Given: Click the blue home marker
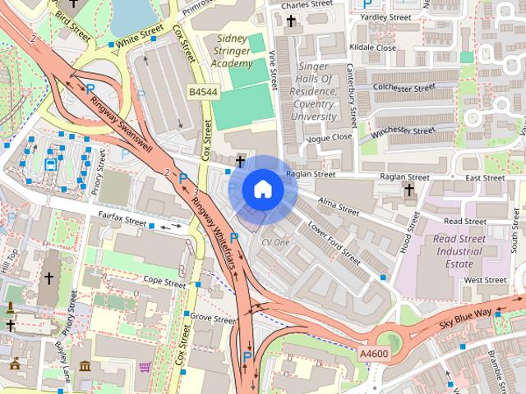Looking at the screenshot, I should (262, 190).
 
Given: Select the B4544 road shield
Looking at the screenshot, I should (202, 94).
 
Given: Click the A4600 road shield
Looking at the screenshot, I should (373, 352).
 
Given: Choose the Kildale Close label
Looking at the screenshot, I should (372, 48).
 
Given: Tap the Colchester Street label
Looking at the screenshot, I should (404, 87).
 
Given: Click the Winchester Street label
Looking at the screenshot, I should (403, 131).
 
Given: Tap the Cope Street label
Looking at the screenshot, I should (164, 282).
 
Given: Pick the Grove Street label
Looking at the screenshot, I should (212, 316).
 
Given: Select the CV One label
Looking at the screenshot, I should (276, 243).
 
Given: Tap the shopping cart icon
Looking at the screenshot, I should (145, 367).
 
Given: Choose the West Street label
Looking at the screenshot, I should (484, 280).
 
